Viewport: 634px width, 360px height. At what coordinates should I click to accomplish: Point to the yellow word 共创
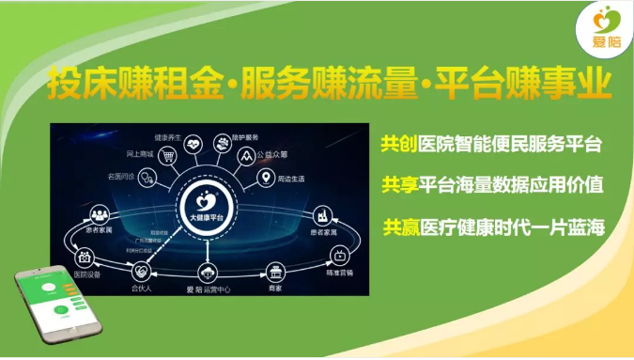coord(394,145)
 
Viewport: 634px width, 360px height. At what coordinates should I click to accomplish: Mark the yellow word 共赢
coord(394,227)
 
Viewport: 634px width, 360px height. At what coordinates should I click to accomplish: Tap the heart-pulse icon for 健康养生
coord(193,145)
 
